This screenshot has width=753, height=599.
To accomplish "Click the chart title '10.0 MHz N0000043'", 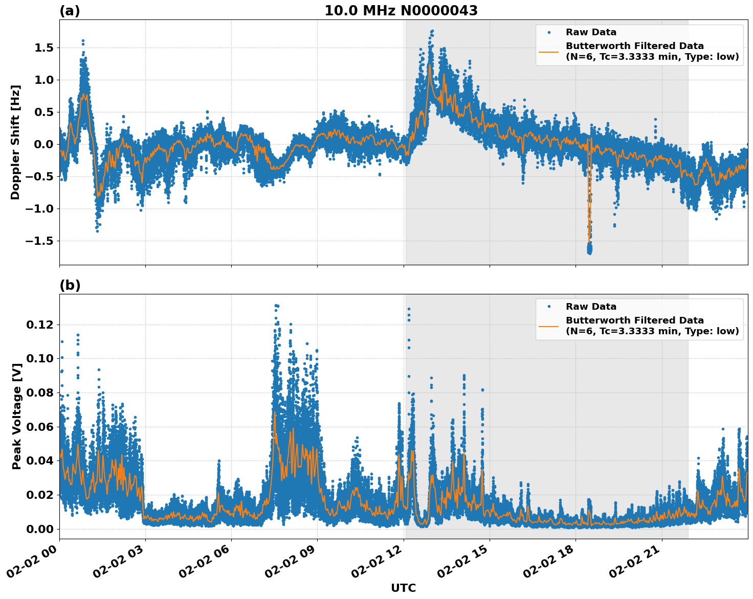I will click(x=401, y=11).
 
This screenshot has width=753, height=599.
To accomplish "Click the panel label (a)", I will click(x=70, y=11).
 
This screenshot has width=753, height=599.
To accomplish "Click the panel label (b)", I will click(x=70, y=285).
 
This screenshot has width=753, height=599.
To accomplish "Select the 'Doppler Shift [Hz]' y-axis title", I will click(x=15, y=142).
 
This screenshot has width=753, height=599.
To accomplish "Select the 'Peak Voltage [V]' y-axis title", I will click(x=17, y=417).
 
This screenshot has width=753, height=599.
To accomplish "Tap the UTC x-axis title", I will click(x=403, y=588).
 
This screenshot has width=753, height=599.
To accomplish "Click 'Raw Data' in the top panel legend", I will click(x=591, y=32).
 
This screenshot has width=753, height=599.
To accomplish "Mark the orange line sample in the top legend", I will click(x=549, y=51).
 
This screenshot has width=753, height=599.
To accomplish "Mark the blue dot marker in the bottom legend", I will click(x=549, y=307).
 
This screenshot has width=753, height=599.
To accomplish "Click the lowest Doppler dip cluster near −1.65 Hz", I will click(x=589, y=249).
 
